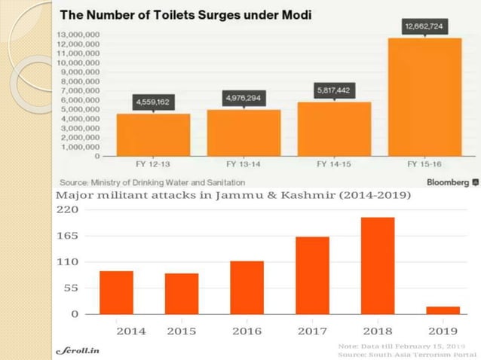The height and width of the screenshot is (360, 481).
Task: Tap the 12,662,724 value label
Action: point(424,26)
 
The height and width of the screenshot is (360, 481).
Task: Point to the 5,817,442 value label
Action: point(333,90)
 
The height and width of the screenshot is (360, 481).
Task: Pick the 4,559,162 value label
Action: point(153,101)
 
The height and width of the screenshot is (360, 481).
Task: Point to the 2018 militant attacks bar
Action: point(378,265)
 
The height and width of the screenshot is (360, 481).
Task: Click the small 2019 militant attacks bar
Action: point(443,310)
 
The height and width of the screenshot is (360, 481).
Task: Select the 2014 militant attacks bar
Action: point(116,292)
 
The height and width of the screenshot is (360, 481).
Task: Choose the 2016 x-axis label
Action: point(247,331)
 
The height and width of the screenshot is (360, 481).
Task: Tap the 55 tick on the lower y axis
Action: point(69,288)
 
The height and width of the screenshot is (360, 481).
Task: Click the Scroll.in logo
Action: point(78,350)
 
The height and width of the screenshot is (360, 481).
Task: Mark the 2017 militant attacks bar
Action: point(312,275)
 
